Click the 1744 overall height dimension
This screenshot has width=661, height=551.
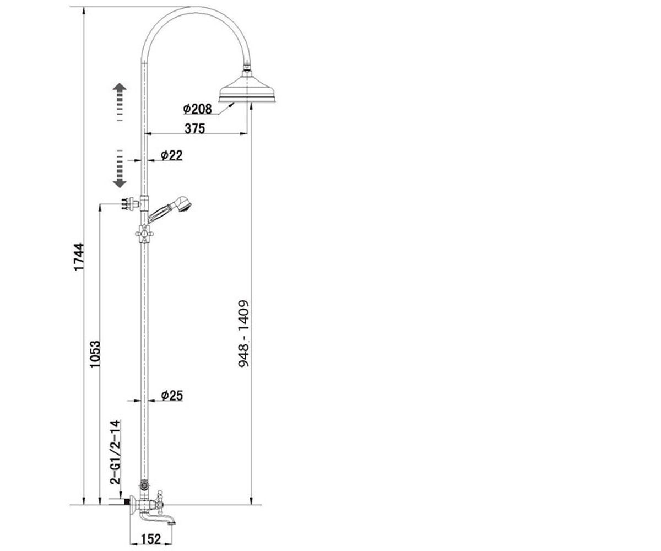pos(79,257)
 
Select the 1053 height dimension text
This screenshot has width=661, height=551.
pos(95,354)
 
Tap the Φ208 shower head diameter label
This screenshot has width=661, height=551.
pos(197,109)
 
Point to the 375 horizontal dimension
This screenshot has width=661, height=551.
pos(194,128)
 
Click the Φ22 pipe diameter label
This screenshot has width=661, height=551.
pos(171,155)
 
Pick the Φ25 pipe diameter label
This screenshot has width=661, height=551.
pos(172,396)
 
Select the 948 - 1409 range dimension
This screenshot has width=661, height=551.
pos(244,334)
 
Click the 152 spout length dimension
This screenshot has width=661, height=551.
pos(151,539)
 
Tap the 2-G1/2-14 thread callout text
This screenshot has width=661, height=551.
pos(115,452)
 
